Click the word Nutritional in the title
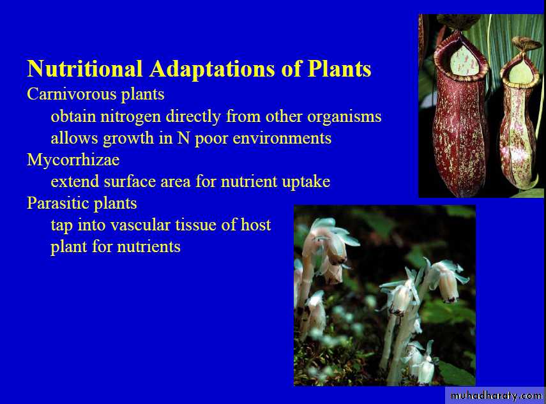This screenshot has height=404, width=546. (85, 68)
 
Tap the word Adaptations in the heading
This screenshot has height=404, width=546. (213, 69)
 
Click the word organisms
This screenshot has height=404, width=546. (344, 117)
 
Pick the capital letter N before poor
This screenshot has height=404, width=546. (183, 138)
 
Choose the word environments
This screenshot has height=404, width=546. (282, 138)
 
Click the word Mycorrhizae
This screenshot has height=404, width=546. (73, 160)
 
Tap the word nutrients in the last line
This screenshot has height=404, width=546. (149, 247)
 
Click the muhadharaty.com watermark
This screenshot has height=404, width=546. (496, 396)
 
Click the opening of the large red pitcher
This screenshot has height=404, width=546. (464, 61)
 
